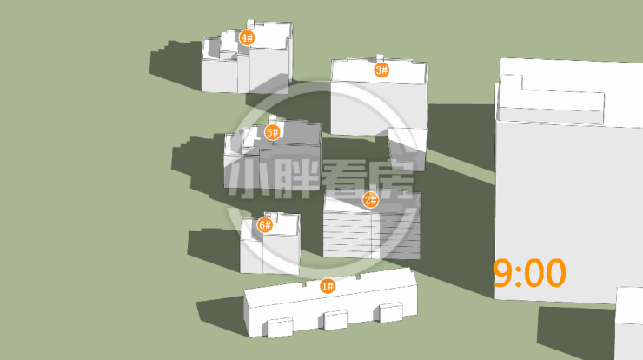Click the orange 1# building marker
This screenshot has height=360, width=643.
tap(328, 286)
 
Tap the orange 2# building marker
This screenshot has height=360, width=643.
tap(371, 200)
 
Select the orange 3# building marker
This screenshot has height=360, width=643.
tap(381, 70)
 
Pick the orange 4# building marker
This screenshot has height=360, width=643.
tap(247, 37)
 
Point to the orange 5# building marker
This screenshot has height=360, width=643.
tap(272, 132)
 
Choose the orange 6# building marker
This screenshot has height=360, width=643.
tap(265, 225)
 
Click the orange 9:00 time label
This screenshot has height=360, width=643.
tap(529, 273)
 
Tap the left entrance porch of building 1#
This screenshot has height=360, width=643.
tap(281, 328)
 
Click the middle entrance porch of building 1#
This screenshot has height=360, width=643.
tap(335, 320)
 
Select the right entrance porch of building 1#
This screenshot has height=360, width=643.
tap(390, 313)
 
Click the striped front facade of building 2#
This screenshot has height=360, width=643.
tap(372, 235)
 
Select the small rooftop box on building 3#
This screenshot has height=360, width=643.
tap(380, 57)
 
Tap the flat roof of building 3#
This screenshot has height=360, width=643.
tap(380, 73)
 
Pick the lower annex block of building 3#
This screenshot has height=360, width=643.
tap(408, 149)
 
